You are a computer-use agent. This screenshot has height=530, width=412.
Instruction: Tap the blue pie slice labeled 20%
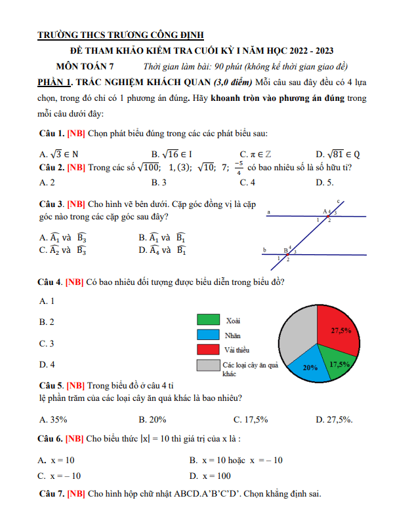coord(309,368)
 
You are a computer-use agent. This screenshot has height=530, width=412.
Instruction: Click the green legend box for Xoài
coord(207,320)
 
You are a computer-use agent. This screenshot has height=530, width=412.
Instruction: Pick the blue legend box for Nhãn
coord(207,334)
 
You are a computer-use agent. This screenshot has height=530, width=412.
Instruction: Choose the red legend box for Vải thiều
coord(207,349)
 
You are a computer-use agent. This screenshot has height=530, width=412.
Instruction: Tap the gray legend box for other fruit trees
coord(207,366)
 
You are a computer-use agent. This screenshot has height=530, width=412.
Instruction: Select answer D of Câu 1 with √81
coord(337,155)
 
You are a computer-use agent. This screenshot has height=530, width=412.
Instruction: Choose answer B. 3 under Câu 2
coord(159,183)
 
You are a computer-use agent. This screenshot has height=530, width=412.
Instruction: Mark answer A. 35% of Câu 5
coord(53,419)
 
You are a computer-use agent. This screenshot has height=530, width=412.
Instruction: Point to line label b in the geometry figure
coord(264,250)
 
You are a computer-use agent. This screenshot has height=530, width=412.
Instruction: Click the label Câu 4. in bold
coord(51,282)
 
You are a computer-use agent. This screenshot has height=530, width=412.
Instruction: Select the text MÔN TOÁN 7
coord(85,66)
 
